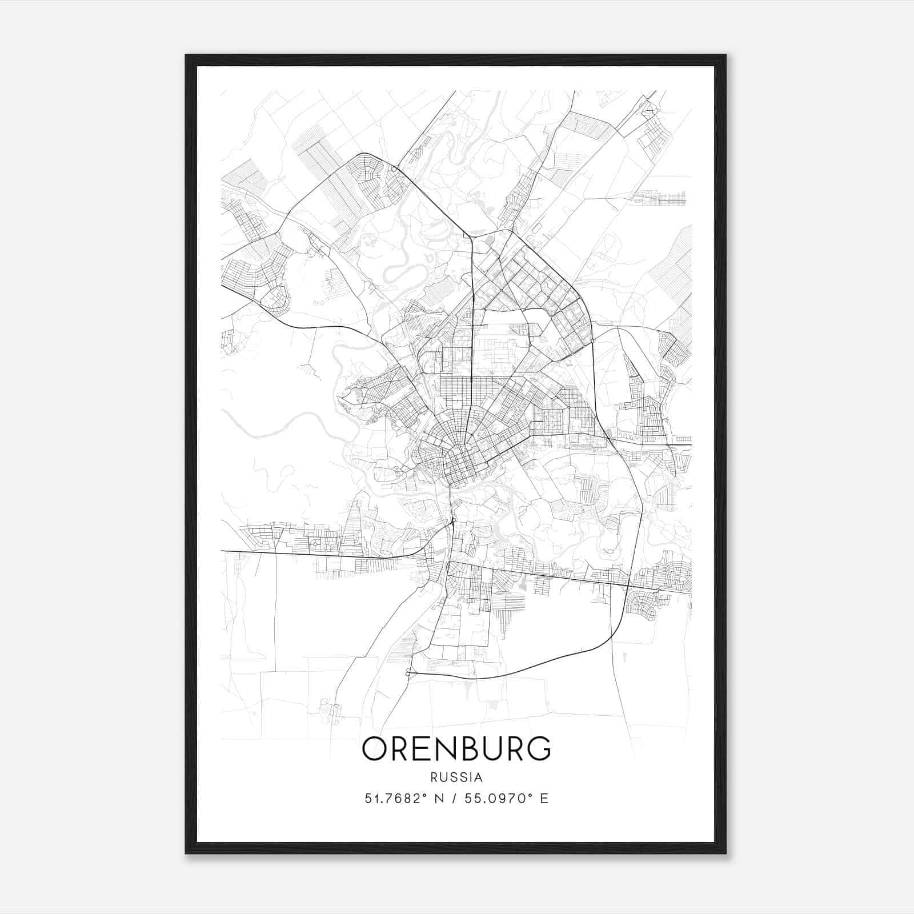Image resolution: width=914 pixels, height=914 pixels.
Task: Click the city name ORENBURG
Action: coord(456,748)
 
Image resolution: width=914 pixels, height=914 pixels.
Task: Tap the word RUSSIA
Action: coord(456,777)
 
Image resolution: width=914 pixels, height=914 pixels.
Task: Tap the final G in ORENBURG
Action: coord(538,748)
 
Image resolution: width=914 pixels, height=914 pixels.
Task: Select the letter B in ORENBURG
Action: coord(468,748)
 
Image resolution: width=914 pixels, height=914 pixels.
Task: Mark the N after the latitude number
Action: coord(439,799)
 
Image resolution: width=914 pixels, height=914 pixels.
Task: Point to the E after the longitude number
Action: coord(544,799)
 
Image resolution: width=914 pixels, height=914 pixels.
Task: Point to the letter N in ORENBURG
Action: coord(445,748)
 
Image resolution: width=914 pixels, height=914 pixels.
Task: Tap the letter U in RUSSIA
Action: coord(442,777)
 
